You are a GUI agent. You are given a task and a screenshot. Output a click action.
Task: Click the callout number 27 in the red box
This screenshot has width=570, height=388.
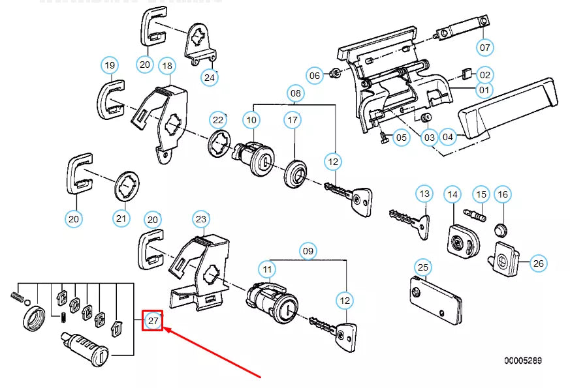point(153,320)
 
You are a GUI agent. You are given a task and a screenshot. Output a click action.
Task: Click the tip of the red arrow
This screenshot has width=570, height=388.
point(164,329)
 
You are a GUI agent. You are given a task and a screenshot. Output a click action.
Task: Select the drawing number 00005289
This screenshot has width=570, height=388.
point(522,361)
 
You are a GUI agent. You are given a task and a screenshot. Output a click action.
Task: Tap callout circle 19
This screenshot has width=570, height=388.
point(110,65)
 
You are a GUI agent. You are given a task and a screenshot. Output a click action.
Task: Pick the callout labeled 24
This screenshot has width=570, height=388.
point(209,77)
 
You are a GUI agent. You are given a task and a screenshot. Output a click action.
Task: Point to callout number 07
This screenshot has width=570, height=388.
point(484,48)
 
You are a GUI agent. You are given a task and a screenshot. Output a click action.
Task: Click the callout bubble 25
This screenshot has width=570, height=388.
point(423,267)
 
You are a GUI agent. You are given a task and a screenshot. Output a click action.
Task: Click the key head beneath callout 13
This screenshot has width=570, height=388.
point(422,222)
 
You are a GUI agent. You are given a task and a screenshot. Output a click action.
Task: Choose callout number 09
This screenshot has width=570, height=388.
point(308,250)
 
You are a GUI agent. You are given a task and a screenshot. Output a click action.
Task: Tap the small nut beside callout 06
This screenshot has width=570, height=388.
point(333,73)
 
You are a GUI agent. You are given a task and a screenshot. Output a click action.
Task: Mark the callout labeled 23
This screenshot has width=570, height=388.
point(200,219)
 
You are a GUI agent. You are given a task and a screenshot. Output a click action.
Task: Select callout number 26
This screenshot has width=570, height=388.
point(538,263)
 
